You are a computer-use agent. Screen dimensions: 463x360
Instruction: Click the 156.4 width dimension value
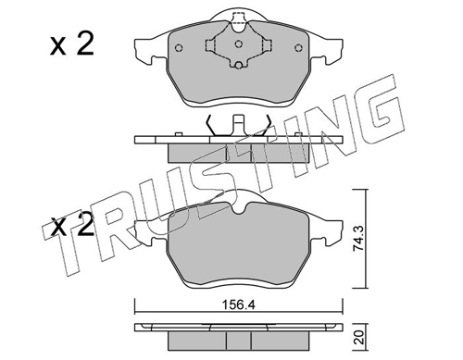tap(239, 305)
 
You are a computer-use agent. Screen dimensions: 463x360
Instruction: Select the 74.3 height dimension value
tap(358, 238)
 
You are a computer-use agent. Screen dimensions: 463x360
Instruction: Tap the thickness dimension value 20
tap(358, 338)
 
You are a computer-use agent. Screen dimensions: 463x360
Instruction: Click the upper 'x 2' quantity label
tap(72, 45)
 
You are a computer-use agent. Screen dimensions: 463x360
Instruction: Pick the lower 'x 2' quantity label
tap(72, 226)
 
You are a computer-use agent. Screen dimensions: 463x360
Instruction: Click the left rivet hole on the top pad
tap(179, 48)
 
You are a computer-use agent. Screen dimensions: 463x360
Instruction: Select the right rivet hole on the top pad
tap(298, 48)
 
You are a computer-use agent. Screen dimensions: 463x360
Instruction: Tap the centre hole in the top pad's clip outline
tap(238, 44)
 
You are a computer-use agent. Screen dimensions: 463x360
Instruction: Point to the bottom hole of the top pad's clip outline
tap(238, 66)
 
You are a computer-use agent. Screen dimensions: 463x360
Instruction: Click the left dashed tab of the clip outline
tap(210, 45)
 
